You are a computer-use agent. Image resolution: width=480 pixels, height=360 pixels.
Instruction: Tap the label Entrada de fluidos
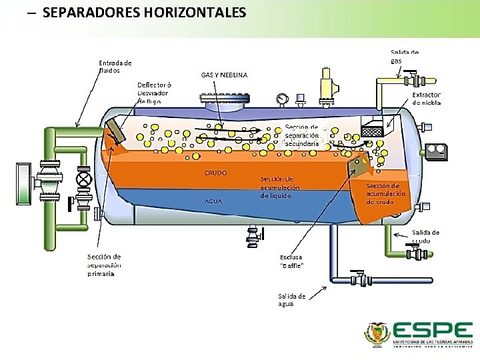pos(115,67)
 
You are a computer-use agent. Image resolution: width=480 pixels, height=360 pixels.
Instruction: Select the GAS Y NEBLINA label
pos(224,75)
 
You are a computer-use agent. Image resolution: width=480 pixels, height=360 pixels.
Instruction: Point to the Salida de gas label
pos(404,56)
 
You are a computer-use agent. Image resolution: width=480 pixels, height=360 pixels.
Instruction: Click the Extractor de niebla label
pos(426,99)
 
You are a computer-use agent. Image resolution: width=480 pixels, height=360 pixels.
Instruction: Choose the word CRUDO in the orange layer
pos(215,173)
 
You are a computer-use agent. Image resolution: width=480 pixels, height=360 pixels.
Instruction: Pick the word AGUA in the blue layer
pos(213,201)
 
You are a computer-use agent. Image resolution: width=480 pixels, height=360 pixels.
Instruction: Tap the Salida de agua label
pos(292,300)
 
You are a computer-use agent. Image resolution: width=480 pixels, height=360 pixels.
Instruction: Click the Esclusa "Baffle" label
pos(292,261)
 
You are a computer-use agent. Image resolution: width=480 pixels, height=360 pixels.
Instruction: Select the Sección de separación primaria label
pos(104,265)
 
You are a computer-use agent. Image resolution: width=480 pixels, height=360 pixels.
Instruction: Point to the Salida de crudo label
pos(425,236)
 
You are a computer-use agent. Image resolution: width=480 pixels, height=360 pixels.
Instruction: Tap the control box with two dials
pos(437,151)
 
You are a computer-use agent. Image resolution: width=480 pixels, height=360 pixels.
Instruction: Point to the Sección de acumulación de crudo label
pos(385,193)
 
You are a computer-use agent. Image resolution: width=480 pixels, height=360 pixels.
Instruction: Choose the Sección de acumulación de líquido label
pos(280,187)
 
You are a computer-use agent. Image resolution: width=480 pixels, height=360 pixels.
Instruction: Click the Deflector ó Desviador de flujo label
pos(154,93)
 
